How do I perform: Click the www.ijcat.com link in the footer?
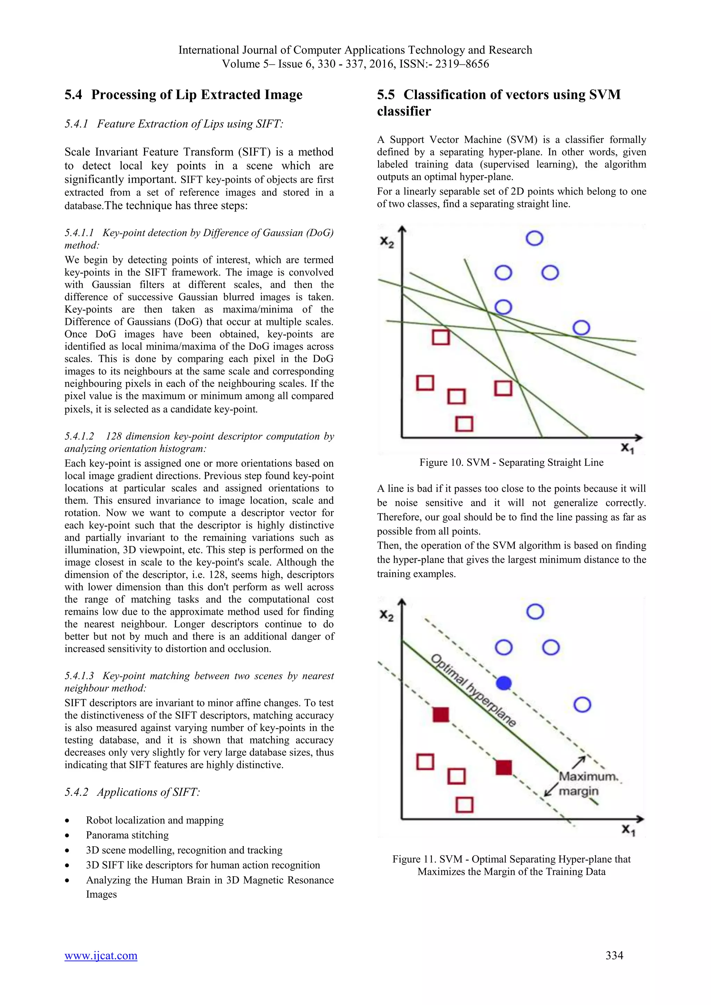click(x=101, y=955)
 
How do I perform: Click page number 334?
click(x=614, y=955)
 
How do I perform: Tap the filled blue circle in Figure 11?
click(x=504, y=683)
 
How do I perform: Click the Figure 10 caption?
click(x=511, y=463)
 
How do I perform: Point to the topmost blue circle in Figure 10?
click(x=534, y=238)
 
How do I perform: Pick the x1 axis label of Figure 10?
click(x=627, y=448)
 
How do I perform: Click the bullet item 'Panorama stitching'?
click(x=127, y=835)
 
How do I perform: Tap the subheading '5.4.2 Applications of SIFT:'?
click(x=132, y=792)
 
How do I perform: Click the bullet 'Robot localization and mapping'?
click(x=154, y=820)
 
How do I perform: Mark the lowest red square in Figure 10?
click(x=464, y=424)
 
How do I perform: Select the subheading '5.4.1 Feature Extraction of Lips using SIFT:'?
click(x=174, y=124)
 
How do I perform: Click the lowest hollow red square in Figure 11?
click(x=465, y=804)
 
